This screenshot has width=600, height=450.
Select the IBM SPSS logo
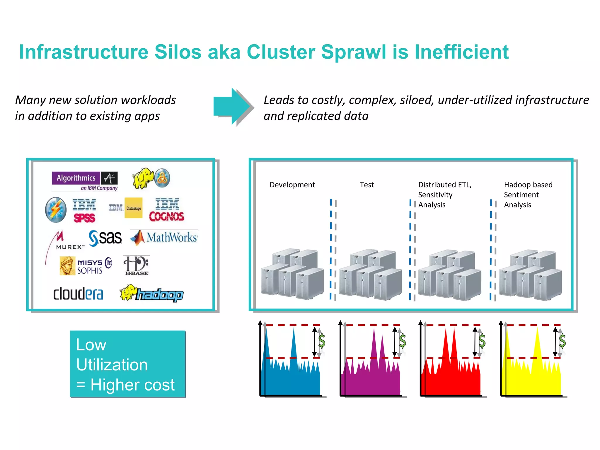[x=84, y=210]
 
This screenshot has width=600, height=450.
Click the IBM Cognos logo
[x=167, y=210]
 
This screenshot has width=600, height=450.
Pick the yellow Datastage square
[x=134, y=208]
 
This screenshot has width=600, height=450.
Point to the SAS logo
[x=105, y=238]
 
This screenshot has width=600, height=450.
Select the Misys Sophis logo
[x=86, y=266]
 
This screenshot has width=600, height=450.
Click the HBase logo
[x=136, y=265]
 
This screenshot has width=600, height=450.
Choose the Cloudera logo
[x=78, y=294]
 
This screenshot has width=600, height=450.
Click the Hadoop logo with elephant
[x=152, y=294]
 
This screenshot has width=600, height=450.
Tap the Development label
[x=292, y=185]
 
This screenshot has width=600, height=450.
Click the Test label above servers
[x=367, y=185]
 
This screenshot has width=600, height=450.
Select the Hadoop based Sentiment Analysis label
[x=528, y=195]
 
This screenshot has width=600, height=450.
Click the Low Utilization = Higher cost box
[x=128, y=364]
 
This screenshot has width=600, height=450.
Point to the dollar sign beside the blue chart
[x=322, y=341]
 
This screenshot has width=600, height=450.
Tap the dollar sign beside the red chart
[x=482, y=341]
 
